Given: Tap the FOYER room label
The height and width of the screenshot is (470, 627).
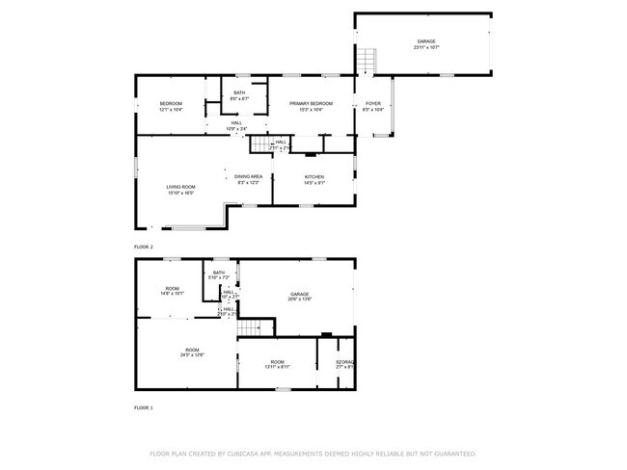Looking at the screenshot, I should coord(372,106).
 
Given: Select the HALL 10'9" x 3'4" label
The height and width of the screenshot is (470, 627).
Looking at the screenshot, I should coord(236,126).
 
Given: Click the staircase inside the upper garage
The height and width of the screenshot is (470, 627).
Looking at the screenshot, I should coord(367,62).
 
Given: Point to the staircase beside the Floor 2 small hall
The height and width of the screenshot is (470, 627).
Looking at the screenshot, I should coord(259,144).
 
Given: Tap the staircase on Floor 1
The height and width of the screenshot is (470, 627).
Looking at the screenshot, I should coord(250,326).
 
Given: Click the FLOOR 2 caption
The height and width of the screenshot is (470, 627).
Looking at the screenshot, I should coord(144,248).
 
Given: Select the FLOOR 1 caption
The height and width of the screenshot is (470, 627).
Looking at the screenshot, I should coord(144,408).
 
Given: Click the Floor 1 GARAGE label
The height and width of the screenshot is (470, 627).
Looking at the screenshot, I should coord(300,296).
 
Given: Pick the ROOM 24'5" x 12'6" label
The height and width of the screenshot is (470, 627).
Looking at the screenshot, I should coord(192,352).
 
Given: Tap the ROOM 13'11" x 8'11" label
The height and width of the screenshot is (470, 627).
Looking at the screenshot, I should coord(277,364).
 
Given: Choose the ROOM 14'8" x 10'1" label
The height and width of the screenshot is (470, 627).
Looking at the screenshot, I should coord(172,291).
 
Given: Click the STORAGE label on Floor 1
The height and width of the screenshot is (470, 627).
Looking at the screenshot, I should coord(345,364).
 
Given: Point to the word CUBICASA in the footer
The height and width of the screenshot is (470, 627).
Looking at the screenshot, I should coord(249,453).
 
